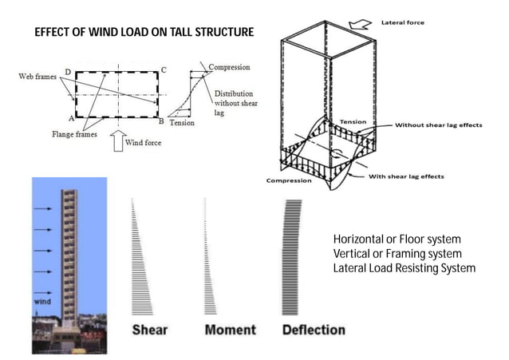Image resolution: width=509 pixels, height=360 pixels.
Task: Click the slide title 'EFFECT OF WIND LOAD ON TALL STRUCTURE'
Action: pyautogui.click(x=144, y=33)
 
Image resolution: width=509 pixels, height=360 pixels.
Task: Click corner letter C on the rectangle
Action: pyautogui.click(x=164, y=70)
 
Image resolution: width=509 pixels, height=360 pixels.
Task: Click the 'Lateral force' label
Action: pyautogui.click(x=403, y=22)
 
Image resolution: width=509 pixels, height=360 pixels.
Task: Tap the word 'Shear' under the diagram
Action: pyautogui.click(x=149, y=330)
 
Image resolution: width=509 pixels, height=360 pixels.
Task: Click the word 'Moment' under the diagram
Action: pyautogui.click(x=230, y=330)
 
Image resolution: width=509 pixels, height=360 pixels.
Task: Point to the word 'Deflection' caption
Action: pyautogui.click(x=313, y=330)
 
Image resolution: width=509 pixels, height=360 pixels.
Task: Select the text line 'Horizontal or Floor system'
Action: pyautogui.click(x=397, y=239)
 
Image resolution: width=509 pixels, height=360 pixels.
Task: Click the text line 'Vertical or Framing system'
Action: pyautogui.click(x=397, y=253)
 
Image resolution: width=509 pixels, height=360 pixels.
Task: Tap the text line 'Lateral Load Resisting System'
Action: pyautogui.click(x=404, y=267)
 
